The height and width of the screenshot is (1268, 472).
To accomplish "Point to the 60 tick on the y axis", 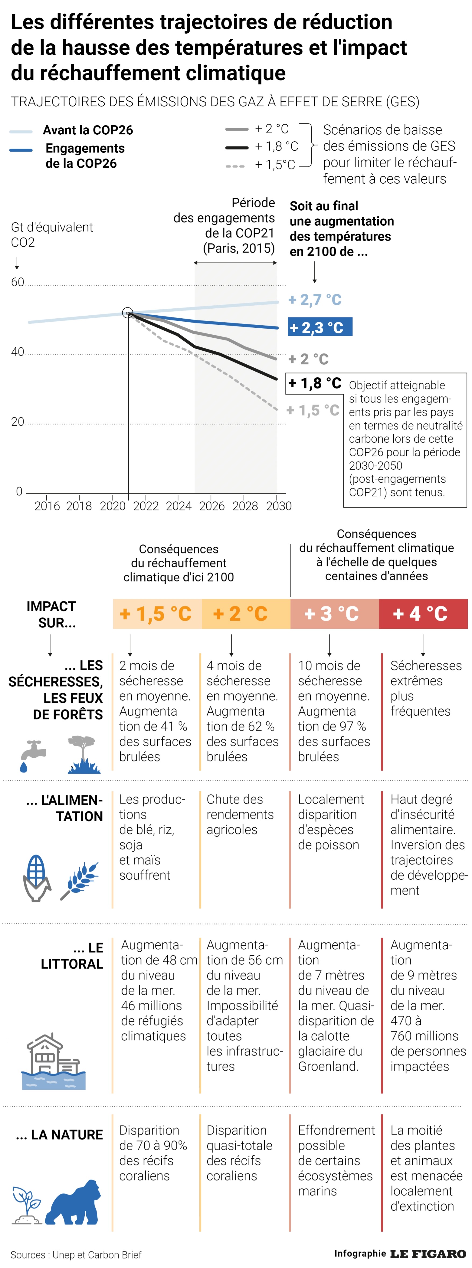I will (x=18, y=282).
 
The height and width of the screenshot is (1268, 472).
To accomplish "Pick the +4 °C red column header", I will (x=423, y=614).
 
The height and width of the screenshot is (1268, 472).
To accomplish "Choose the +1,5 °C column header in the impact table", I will (x=157, y=614).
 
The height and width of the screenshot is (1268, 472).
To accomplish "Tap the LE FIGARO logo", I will (x=428, y=1254).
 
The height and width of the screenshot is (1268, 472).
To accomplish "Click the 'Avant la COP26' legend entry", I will (x=87, y=130).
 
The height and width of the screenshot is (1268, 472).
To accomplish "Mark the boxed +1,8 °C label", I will (x=315, y=383).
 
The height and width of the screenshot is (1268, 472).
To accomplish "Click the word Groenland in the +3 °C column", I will (x=328, y=1066).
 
